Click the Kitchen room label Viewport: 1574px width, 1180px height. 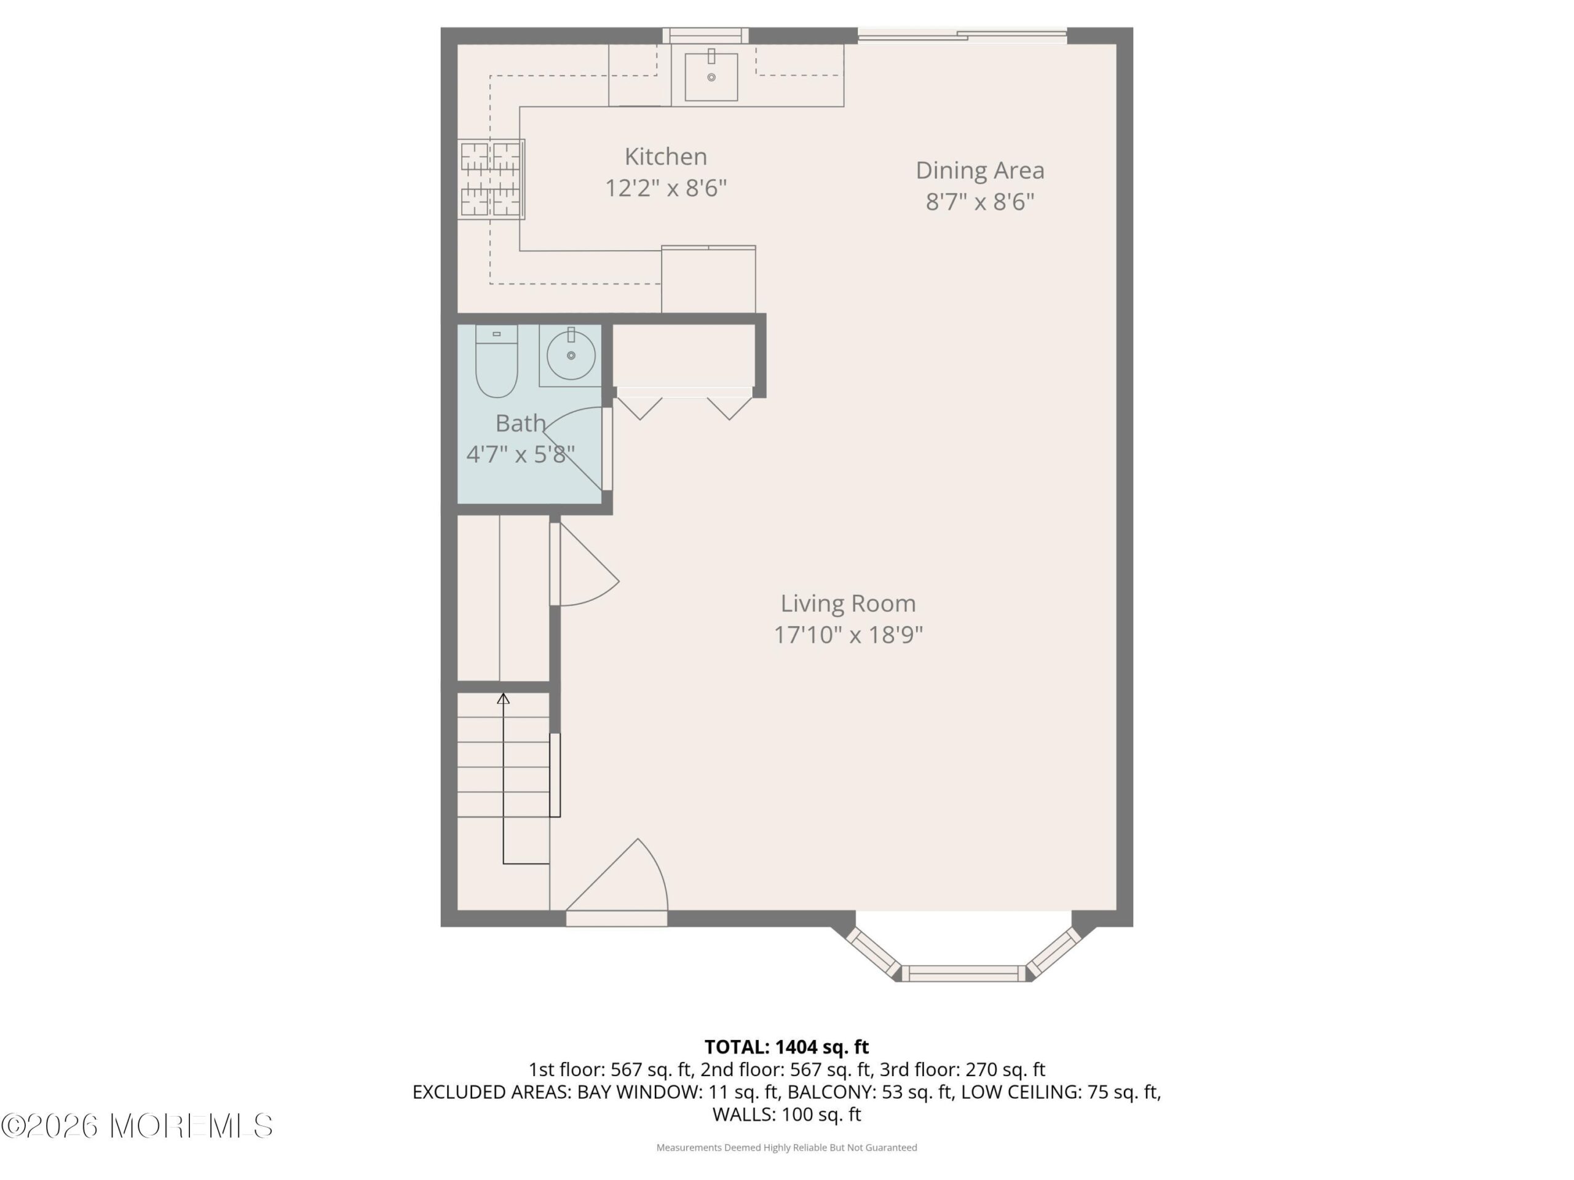coord(665,157)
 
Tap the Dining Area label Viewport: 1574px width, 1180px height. coord(980,171)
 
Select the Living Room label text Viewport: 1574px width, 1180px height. coord(848,603)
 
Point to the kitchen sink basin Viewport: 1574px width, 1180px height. coord(711,77)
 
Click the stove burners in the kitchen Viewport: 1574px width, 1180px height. coord(491,178)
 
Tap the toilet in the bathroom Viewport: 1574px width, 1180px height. coord(496,361)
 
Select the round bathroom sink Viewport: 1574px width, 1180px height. coord(571,355)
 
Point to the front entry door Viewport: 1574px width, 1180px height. coord(616,882)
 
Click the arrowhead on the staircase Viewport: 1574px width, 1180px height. coord(503,698)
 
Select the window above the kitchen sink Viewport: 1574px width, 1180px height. coord(705,36)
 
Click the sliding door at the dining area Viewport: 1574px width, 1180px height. coord(962,36)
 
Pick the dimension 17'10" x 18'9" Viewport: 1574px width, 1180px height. coord(848,634)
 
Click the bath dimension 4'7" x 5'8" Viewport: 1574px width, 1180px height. coord(520,454)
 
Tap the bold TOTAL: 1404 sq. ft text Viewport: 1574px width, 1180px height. coord(786,1047)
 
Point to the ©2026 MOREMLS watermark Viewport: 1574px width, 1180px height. coord(136,1126)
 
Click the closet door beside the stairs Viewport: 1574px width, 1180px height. coord(584,565)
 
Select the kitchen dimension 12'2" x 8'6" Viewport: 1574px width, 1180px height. coord(665,189)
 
